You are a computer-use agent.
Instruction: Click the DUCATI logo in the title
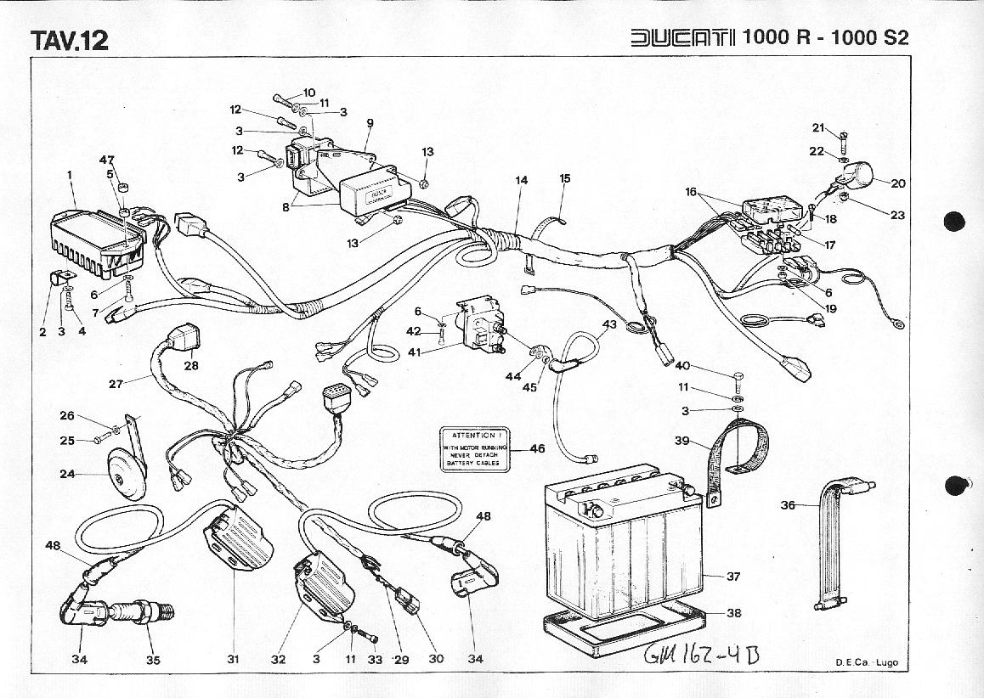click(682, 38)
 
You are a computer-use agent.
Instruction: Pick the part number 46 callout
click(537, 448)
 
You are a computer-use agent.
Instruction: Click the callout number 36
click(788, 505)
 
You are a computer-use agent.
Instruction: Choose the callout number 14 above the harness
click(521, 180)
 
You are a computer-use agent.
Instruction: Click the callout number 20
click(897, 183)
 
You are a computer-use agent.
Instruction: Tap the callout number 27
click(116, 383)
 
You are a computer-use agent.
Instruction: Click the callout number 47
click(107, 160)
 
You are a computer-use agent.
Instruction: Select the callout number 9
click(370, 123)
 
